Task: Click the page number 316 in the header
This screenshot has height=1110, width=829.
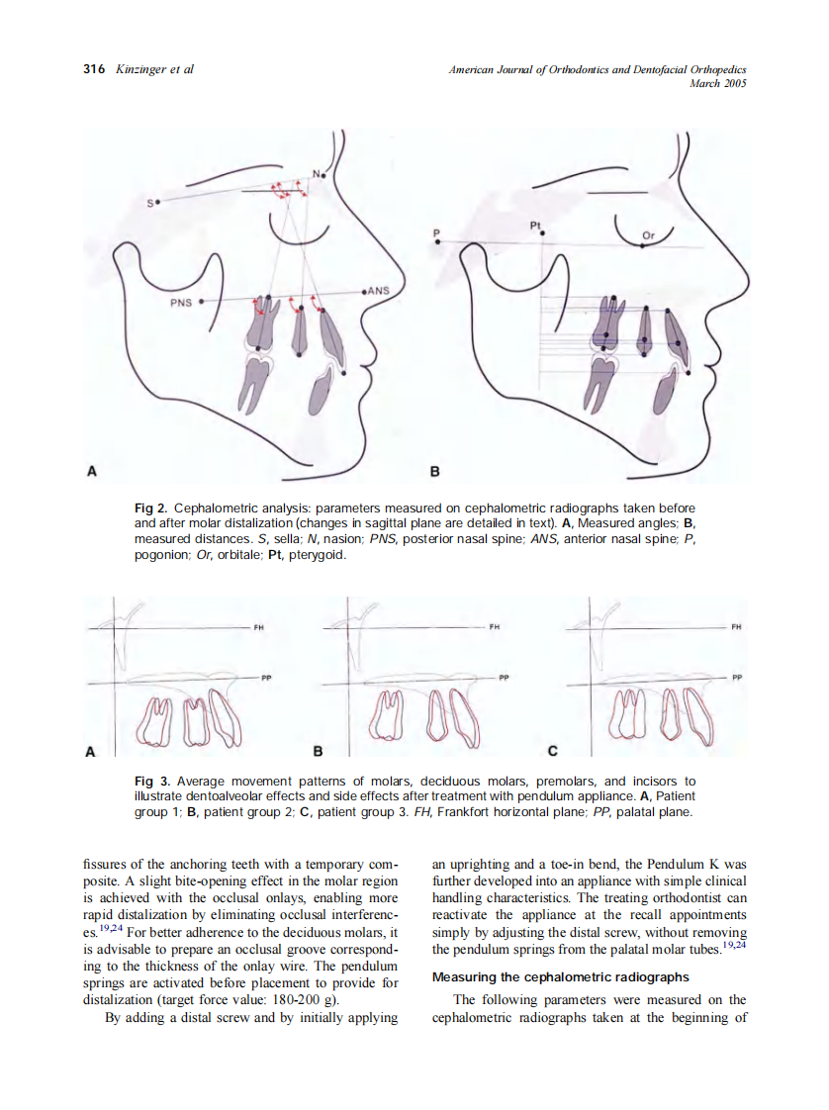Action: (x=94, y=69)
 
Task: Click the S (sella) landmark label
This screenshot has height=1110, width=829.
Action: (x=150, y=204)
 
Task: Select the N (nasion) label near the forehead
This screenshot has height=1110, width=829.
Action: (x=317, y=174)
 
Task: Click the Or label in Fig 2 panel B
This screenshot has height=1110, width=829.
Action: (x=649, y=235)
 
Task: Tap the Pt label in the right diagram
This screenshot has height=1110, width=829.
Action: (x=535, y=226)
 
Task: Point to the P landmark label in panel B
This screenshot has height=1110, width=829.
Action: (x=435, y=233)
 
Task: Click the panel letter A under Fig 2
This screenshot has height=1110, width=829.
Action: (x=92, y=471)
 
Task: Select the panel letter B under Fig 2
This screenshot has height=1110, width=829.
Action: (x=433, y=471)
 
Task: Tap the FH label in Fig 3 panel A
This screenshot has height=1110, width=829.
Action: (x=259, y=627)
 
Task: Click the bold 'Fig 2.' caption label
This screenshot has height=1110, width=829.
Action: (x=150, y=508)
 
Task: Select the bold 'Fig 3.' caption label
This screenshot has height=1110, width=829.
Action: (x=150, y=782)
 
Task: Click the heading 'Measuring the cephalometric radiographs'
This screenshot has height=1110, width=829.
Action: (x=561, y=977)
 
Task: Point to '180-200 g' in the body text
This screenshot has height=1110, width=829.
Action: (x=299, y=1000)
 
